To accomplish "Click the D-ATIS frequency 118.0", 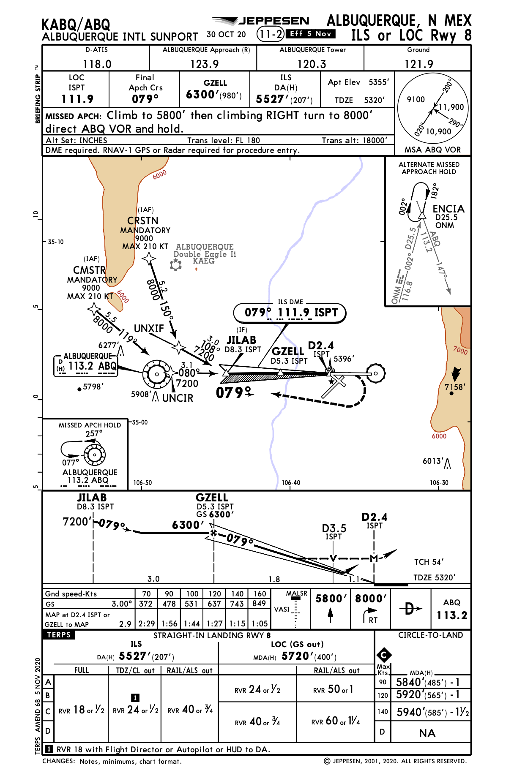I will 97,64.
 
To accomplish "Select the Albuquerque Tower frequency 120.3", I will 312,64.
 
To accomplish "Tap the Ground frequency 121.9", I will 418,64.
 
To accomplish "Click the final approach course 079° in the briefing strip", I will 145,99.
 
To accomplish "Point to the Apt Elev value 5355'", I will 378,82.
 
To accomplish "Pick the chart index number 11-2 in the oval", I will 270,34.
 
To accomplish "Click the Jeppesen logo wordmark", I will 274,21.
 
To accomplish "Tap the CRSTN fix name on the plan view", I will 143,220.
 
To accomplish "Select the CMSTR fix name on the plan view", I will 89,270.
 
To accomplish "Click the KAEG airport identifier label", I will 204,261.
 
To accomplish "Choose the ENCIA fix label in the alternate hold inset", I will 448,209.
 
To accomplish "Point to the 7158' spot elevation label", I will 455,387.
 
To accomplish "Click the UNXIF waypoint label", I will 149,328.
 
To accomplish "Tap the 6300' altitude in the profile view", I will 188,525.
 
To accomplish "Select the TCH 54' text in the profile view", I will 429,562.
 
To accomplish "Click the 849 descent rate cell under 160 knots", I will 259,604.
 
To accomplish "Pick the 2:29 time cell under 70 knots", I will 146,623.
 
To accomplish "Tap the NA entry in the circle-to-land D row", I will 427,733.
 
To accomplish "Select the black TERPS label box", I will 59,635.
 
